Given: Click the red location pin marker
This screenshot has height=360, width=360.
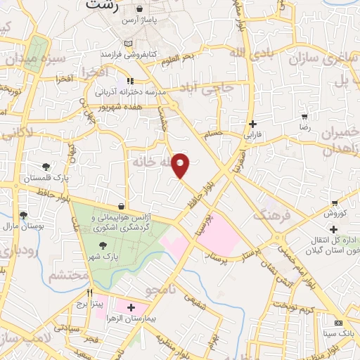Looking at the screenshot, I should (x=181, y=165).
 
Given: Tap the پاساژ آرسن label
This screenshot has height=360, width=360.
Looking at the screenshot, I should (x=138, y=20).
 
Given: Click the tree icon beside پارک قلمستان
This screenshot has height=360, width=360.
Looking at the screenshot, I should (x=46, y=167).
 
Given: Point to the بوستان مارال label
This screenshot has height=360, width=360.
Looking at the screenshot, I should (x=24, y=226).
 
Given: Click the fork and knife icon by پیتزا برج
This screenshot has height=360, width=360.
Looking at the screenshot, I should (x=89, y=292).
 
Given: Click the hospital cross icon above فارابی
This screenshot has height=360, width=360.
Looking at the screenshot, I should (x=252, y=124).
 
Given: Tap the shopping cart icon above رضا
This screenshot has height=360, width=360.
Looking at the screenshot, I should (x=304, y=117).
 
